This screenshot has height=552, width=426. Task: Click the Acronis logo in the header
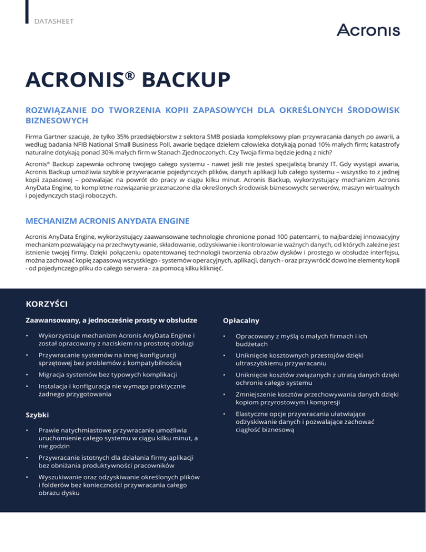[x=368, y=29]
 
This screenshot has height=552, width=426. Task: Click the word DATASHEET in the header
[x=54, y=22]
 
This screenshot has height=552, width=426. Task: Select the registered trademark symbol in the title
[x=129, y=73]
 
